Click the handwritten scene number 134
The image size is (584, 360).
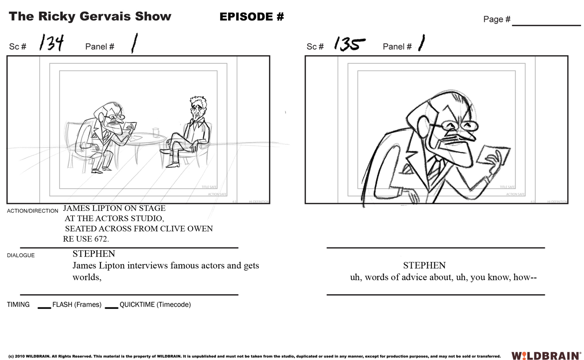click(x=51, y=43)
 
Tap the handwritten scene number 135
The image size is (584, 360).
click(x=349, y=44)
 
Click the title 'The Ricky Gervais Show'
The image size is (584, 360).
click(x=90, y=17)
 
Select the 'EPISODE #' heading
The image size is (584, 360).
click(x=251, y=17)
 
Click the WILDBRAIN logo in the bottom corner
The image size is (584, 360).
click(x=546, y=356)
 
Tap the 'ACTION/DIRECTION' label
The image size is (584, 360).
click(x=32, y=211)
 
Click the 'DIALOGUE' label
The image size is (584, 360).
click(x=21, y=255)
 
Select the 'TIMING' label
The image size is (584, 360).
click(x=18, y=304)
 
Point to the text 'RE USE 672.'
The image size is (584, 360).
click(x=86, y=239)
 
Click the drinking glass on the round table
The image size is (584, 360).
click(x=155, y=132)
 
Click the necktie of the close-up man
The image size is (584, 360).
click(x=434, y=169)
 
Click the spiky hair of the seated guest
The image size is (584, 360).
click(x=198, y=101)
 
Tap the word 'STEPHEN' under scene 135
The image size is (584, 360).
click(x=424, y=265)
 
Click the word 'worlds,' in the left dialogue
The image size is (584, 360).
click(x=87, y=277)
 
